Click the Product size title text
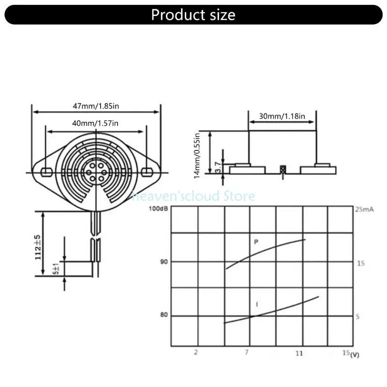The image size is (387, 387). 193,15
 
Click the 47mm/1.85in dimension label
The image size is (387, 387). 95,106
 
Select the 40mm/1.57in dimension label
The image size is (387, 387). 95,123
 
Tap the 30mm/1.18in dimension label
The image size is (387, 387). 282,116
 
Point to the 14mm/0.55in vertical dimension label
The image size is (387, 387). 197,155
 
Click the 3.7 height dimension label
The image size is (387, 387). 219,167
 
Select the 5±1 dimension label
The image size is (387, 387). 56,269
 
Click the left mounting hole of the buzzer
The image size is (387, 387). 46,171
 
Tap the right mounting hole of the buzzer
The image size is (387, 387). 148,171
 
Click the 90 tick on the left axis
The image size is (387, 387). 164,262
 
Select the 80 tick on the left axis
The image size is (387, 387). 164,315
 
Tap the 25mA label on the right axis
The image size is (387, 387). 365,210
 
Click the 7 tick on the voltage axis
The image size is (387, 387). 247,352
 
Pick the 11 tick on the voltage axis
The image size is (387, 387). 299,353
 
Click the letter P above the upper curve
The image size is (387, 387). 256,241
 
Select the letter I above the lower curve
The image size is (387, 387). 256,304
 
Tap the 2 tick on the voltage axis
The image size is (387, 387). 196,352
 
